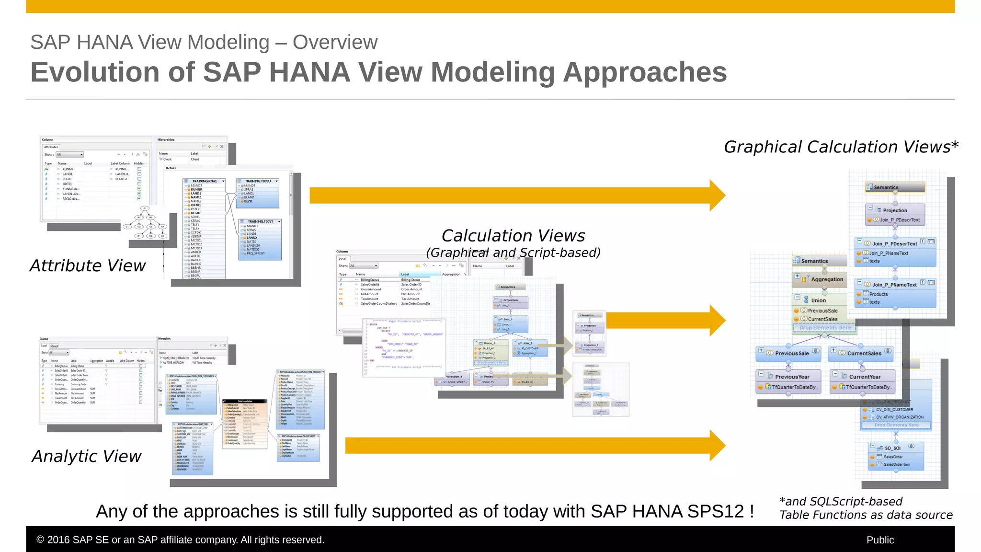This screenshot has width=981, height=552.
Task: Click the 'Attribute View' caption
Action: pos(88,265)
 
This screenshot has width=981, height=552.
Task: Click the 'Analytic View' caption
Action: pos(87,456)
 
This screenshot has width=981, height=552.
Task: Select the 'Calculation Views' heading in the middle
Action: pos(513,236)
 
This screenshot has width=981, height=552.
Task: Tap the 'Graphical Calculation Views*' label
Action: pos(841,147)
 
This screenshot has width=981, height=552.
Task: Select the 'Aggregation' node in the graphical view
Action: pos(826,279)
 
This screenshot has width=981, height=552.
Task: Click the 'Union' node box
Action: pos(818,300)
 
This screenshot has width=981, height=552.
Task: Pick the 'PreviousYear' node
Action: pos(792,377)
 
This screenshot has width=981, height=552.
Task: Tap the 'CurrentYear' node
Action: pos(865,377)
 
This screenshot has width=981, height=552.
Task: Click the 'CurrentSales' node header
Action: pos(864,353)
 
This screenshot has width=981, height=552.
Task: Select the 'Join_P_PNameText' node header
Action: pos(894,285)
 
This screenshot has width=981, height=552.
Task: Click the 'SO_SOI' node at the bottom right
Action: pos(892,448)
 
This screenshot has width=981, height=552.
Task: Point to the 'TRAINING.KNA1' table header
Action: pos(205,181)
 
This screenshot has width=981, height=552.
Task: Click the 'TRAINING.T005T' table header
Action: pos(260,221)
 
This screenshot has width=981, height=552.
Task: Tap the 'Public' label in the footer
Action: pos(880,540)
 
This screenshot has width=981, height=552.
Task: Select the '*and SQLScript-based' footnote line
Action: pos(841,501)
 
